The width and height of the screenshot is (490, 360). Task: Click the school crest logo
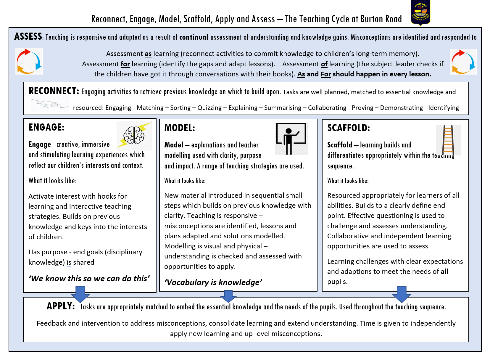[x=420, y=13]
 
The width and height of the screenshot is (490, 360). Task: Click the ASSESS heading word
[x=28, y=36]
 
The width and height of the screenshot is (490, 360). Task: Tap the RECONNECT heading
[x=54, y=91]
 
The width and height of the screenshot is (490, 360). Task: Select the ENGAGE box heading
[x=46, y=127]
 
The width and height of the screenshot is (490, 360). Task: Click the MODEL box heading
[x=180, y=128]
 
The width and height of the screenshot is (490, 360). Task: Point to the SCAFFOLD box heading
[x=349, y=128]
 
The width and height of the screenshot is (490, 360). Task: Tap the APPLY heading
[x=61, y=306]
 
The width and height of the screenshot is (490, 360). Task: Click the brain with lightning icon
[x=134, y=135]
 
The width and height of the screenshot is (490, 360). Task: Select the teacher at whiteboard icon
[x=291, y=138]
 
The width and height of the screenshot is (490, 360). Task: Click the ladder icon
[x=448, y=140]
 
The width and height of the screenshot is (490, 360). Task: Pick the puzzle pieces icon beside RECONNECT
[x=50, y=104]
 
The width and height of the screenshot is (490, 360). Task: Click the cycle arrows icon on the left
[x=29, y=61]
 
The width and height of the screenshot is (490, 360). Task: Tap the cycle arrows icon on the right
[x=463, y=62]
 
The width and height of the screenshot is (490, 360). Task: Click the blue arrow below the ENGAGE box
[x=80, y=294]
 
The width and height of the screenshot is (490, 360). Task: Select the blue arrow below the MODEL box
[x=228, y=296]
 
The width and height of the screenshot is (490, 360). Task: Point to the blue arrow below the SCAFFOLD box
[x=402, y=294]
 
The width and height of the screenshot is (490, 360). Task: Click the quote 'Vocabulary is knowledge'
[x=213, y=282]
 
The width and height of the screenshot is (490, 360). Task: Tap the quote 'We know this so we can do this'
[x=89, y=279]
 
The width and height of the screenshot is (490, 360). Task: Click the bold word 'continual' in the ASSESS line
[x=194, y=37]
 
